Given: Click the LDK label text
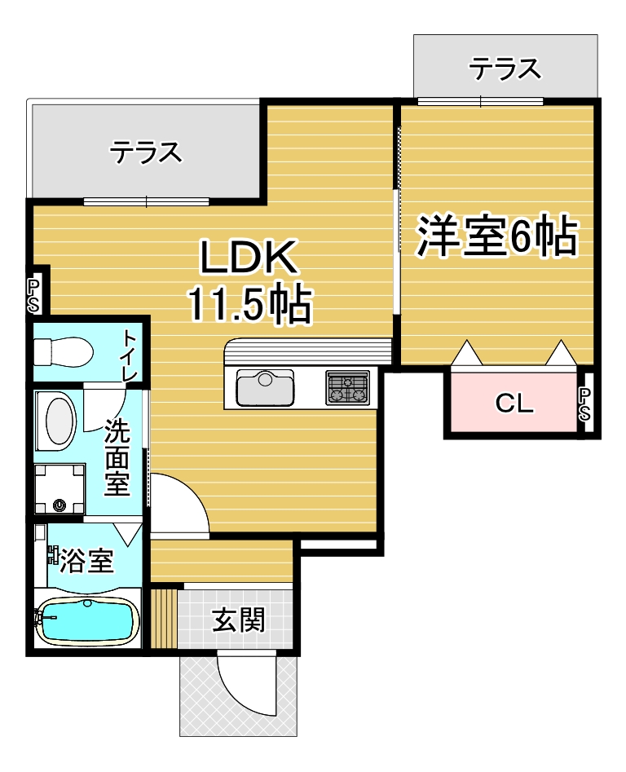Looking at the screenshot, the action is coord(249,257).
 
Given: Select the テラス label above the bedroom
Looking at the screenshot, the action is coord(505,68).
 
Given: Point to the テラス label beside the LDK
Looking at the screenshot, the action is coord(146,152).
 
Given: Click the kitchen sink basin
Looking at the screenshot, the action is coord(265,387).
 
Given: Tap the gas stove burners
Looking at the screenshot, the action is coord(347,388).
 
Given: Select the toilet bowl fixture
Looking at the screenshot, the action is coord(64,351).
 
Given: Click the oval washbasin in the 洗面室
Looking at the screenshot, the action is coord(61,421).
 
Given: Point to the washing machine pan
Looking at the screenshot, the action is coord(60,488).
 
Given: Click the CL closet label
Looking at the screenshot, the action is coord(515,404).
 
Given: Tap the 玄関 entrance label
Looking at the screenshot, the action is coord(239,620).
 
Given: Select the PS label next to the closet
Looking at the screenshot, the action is coord(584,404).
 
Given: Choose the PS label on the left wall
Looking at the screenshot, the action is coord(33,296).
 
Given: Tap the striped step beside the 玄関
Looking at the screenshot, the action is coord(164,619).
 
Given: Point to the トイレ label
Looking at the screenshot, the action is coord(130,355).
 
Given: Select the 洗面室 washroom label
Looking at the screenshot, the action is coord(117,457).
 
